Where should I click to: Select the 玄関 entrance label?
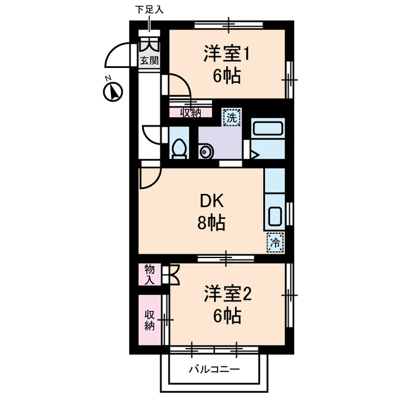pos(148,60)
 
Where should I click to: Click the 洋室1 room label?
pos(226,54)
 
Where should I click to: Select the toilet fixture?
pos(178,148)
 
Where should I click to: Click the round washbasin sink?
pos(205,151)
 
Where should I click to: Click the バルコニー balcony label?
pos(214,369)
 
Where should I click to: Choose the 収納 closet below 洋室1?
pos(191,113)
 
